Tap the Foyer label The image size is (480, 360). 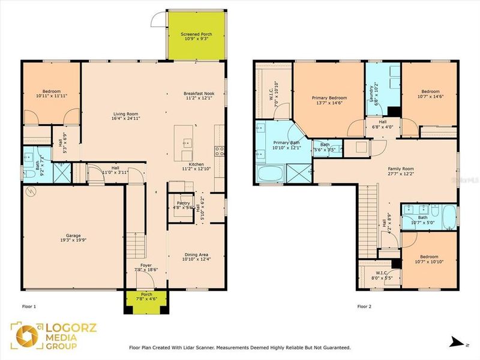146,267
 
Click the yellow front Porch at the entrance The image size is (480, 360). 146,301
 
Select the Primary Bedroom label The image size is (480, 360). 329,100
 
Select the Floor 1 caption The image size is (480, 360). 29,307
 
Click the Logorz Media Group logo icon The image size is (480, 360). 26,336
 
